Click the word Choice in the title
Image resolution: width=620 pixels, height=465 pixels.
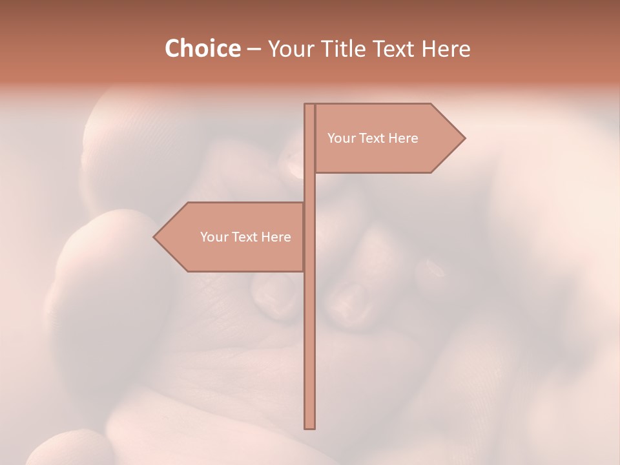point(202,49)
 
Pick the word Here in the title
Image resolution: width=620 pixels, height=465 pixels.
point(446,49)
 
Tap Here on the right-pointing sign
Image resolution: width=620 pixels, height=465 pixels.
point(402,138)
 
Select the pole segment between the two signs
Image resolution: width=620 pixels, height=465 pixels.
point(309,187)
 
